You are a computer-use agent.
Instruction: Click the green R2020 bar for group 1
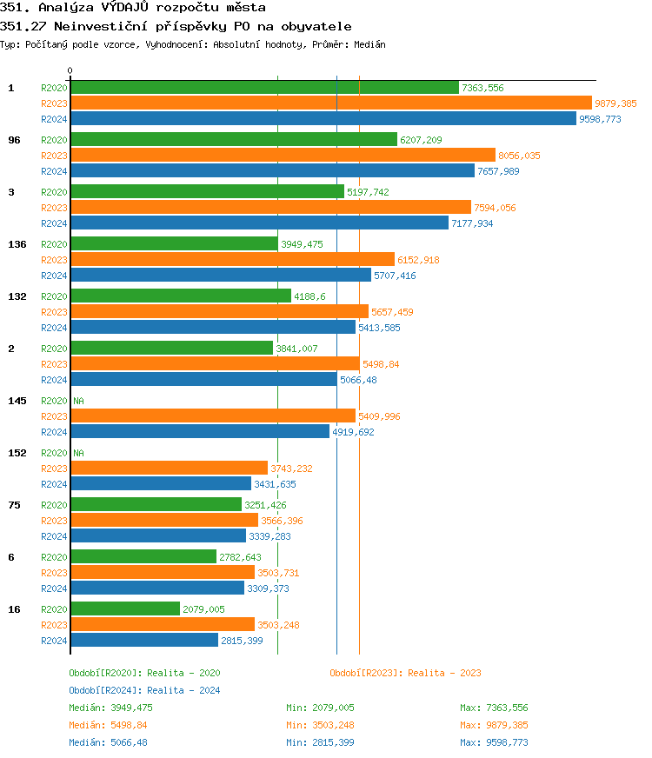click(264, 88)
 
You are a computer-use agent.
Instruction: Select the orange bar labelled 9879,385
click(330, 103)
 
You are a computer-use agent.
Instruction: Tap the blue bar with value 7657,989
click(272, 171)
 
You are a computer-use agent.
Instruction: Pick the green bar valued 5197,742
click(207, 192)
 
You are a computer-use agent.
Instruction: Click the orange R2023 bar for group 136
click(232, 260)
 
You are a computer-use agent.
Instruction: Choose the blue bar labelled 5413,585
click(213, 328)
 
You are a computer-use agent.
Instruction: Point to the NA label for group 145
click(78, 401)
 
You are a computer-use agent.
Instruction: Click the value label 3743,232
click(291, 469)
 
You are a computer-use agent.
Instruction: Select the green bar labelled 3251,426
click(156, 505)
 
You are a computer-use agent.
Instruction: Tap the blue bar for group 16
click(144, 641)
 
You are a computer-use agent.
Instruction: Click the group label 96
click(14, 140)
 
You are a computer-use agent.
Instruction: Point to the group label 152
click(17, 453)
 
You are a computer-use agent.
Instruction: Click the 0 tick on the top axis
click(70, 70)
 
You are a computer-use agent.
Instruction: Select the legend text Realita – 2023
click(444, 673)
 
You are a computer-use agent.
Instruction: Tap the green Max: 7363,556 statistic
click(494, 708)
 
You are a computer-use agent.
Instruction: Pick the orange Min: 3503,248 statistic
click(320, 725)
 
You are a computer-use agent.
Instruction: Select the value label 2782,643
click(240, 557)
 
